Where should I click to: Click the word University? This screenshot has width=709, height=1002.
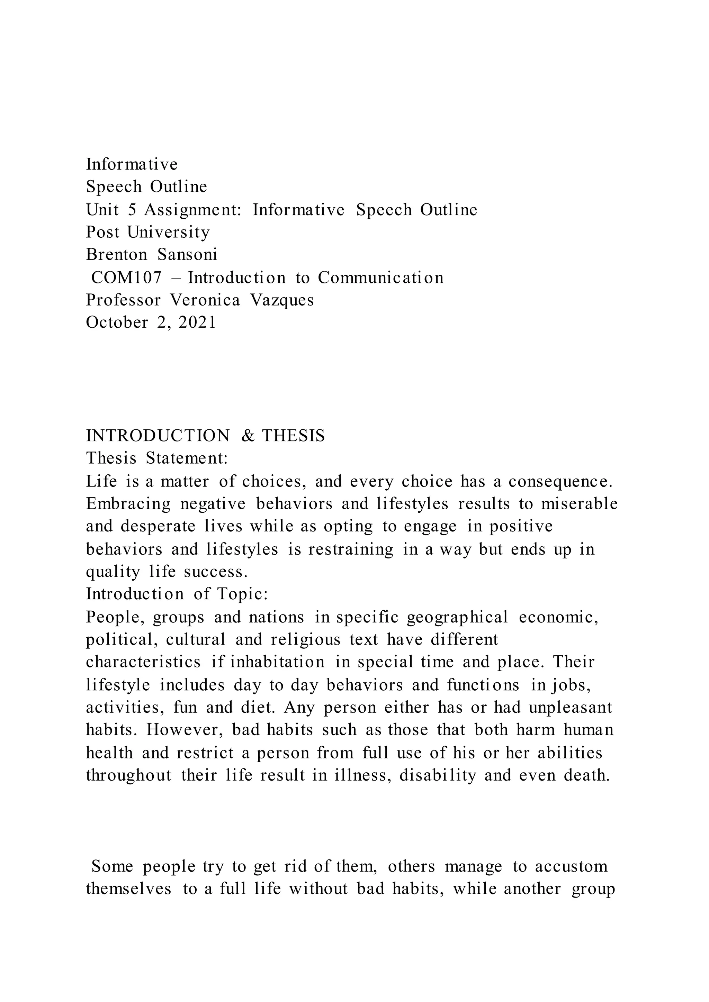(x=168, y=232)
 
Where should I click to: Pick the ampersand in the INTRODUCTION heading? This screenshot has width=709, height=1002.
(x=248, y=436)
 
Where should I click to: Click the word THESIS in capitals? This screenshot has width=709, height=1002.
(x=293, y=436)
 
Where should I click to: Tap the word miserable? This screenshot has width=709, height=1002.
(x=579, y=504)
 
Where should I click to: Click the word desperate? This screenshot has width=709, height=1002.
(x=158, y=527)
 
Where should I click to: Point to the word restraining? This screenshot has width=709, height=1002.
(x=351, y=549)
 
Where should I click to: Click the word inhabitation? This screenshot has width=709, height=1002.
(x=277, y=662)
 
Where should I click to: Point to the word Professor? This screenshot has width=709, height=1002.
(x=123, y=300)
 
